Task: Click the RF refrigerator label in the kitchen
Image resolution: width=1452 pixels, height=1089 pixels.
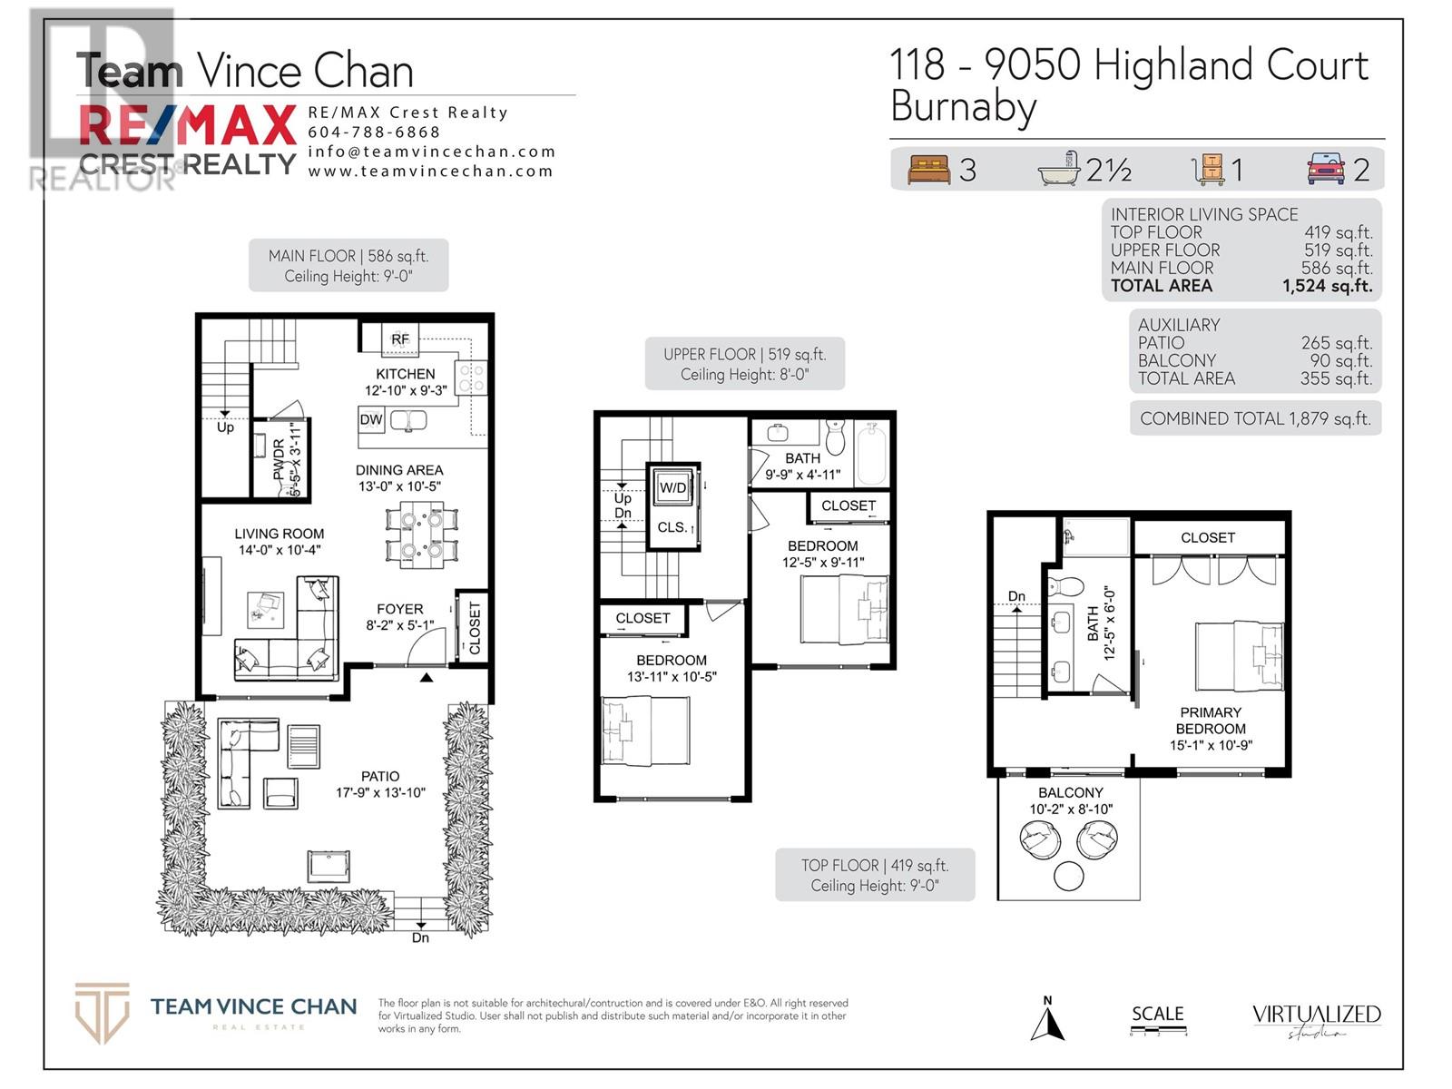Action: point(400,339)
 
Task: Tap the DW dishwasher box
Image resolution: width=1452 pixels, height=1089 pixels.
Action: point(371,419)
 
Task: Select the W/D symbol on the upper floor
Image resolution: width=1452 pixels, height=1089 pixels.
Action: point(673,487)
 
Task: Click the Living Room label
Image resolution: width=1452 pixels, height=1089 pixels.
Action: point(279,534)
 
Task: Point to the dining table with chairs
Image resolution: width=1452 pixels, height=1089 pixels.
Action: point(421,535)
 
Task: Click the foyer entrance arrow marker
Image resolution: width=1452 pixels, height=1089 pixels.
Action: point(427,677)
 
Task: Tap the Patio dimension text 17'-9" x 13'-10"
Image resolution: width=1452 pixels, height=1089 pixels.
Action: point(380,793)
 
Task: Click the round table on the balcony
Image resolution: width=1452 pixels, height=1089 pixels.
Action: point(1069,876)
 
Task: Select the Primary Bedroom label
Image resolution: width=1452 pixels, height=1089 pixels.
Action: point(1211,721)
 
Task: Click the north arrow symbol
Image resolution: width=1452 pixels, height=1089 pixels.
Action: point(1047,1020)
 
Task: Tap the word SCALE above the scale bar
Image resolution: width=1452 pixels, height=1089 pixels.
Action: point(1157,1014)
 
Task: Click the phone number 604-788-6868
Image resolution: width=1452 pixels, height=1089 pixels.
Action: point(374,132)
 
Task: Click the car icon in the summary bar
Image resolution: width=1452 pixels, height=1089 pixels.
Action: point(1326,169)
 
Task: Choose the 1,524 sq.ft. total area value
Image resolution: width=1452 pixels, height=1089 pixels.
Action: point(1327,286)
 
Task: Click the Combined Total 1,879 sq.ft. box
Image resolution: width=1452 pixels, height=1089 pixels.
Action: point(1255,418)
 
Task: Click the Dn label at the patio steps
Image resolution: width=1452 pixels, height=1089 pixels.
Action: point(420,937)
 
